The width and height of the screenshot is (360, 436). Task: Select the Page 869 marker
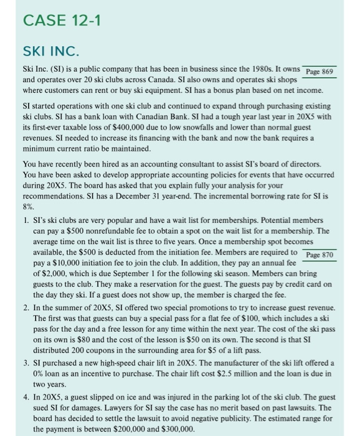tap(320, 71)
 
